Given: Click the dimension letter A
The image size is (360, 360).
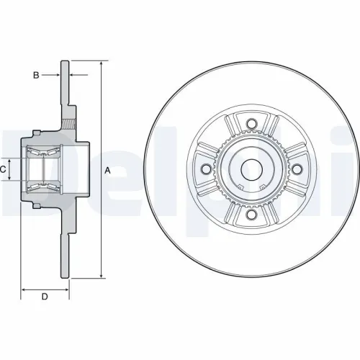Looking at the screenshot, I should point(107,170).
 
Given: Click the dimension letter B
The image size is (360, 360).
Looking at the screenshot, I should point(35,74).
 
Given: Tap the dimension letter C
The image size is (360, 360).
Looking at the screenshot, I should point(3,169).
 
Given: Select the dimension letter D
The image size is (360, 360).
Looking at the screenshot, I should point(44,297).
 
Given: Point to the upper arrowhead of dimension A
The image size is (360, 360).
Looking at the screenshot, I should point(101,64).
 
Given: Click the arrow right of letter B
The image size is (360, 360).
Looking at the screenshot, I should point(55,74).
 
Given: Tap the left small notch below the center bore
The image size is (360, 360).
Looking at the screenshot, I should point(242,189).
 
